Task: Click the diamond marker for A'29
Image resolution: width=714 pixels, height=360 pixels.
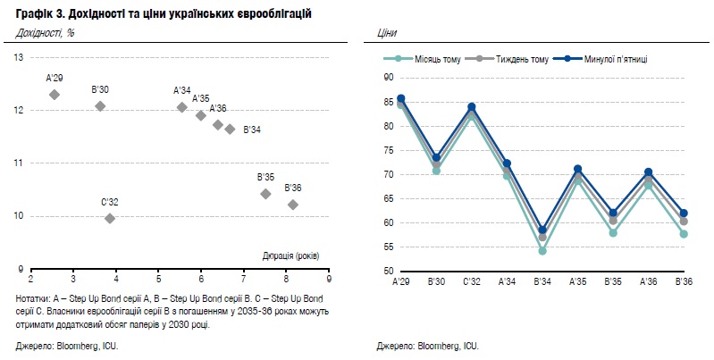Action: tap(55, 95)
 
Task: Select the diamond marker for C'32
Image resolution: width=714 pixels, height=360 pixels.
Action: tap(110, 219)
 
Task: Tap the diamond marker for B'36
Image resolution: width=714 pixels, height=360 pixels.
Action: tap(293, 205)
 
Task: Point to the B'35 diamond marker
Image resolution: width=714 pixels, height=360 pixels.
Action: tap(265, 195)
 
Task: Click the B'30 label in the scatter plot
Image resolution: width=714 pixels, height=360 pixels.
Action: tap(100, 89)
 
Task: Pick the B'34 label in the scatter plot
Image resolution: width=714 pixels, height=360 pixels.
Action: tap(252, 130)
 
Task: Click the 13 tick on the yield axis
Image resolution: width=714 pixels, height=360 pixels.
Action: tap(19, 58)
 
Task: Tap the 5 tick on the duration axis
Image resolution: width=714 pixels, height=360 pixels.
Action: tap(158, 279)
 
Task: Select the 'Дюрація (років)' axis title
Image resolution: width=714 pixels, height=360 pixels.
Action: tap(291, 255)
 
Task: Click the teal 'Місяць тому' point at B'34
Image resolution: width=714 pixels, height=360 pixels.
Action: tap(542, 251)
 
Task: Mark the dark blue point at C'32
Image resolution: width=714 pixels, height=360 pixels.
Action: tap(472, 107)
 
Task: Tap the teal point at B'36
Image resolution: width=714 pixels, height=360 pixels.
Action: tap(684, 234)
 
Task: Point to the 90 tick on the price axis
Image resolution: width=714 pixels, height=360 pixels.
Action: tap(388, 78)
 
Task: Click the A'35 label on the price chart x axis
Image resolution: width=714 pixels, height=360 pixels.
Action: tap(578, 281)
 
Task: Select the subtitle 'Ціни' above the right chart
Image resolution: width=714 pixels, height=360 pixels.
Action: tap(387, 33)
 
